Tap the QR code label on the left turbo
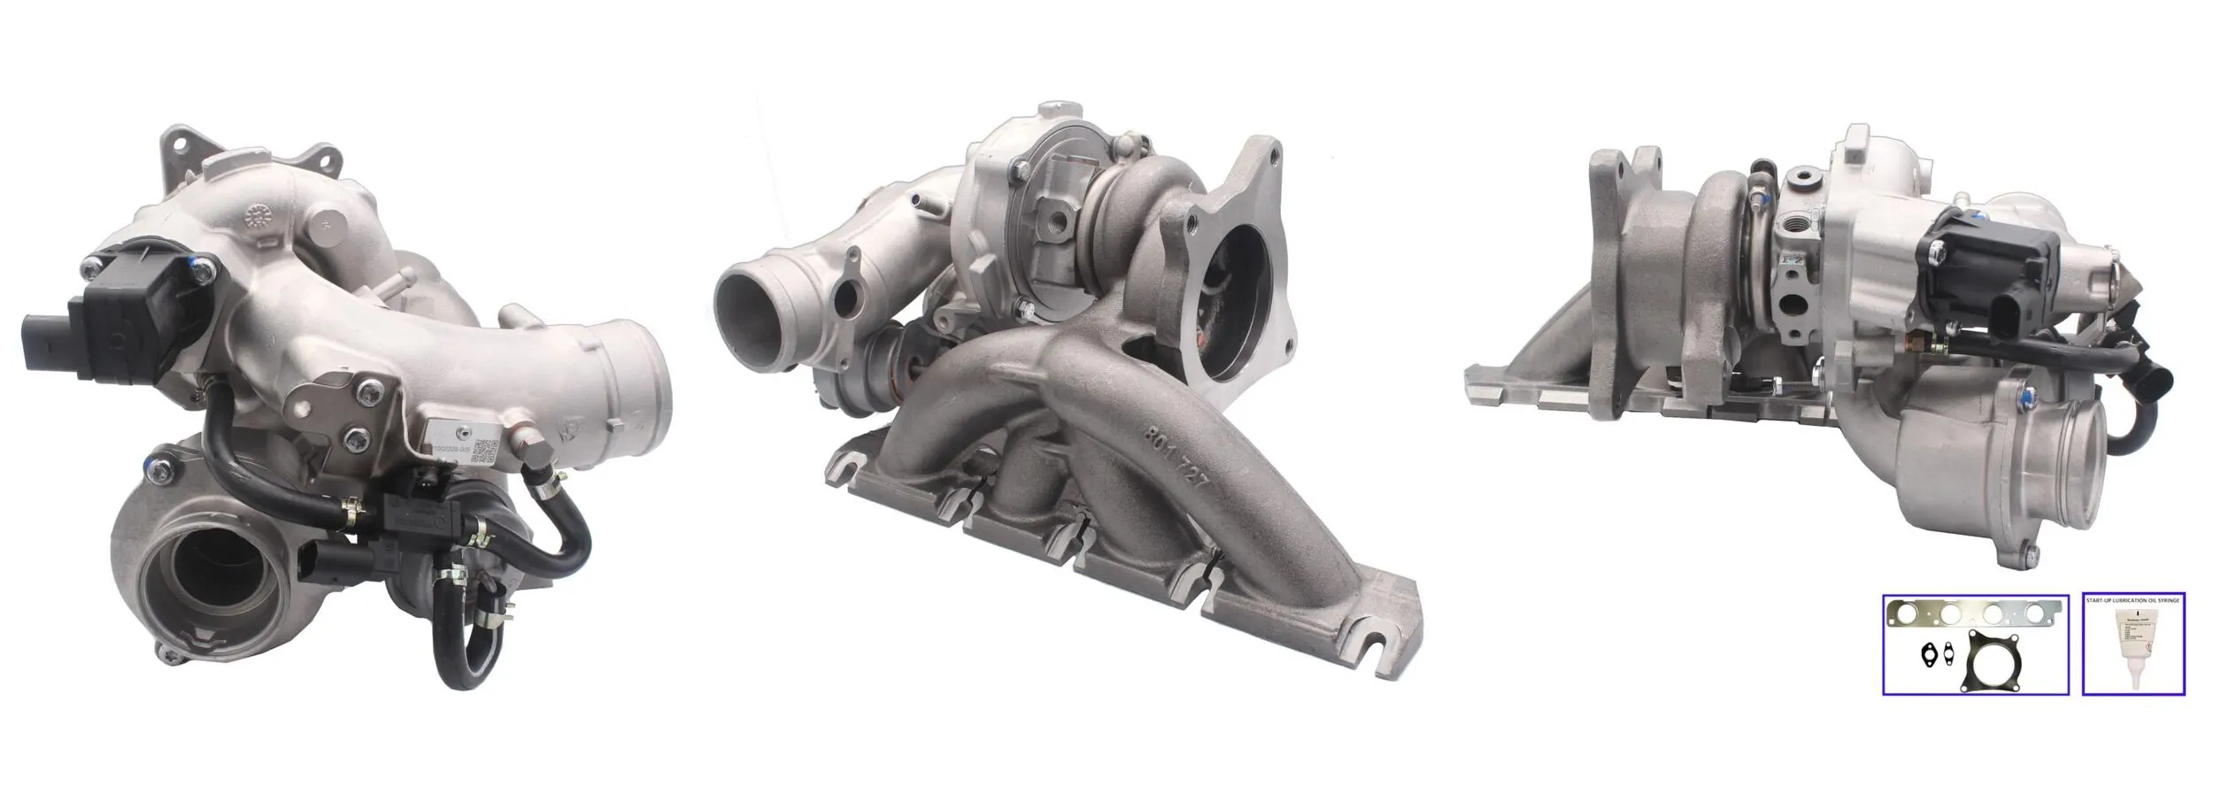[x=483, y=452]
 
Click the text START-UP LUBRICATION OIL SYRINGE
[x=2132, y=600]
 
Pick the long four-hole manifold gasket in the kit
[x=1973, y=637]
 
